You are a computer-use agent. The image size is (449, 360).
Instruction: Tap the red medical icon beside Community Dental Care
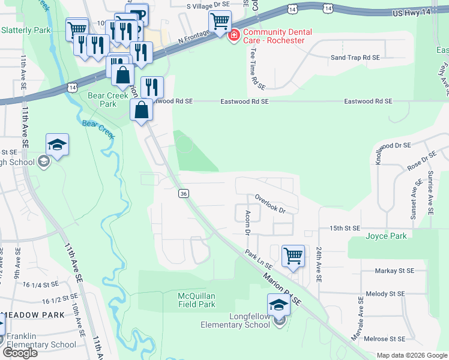[234, 36]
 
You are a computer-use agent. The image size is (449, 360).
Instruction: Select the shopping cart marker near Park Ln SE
[293, 256]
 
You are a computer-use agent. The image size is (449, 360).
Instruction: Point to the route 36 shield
[184, 193]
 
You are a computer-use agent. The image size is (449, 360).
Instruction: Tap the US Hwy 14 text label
[411, 12]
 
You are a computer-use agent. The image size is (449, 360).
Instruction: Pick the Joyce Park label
[386, 236]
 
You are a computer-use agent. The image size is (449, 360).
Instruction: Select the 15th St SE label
[344, 228]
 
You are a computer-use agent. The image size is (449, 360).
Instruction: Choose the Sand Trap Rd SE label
[355, 58]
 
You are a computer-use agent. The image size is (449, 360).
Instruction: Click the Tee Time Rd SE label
[254, 67]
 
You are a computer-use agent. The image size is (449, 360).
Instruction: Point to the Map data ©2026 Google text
[412, 355]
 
